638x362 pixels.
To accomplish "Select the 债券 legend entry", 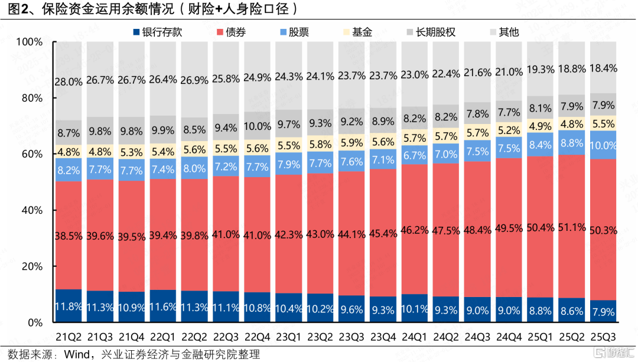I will click(x=231, y=32).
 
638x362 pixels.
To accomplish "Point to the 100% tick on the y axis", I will click(x=29, y=43).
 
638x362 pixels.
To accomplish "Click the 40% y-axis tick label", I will click(x=31, y=211).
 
